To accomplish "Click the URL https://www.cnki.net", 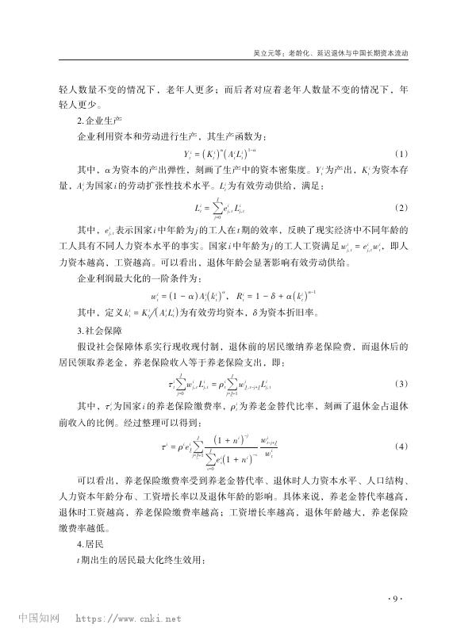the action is click(128, 617).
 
